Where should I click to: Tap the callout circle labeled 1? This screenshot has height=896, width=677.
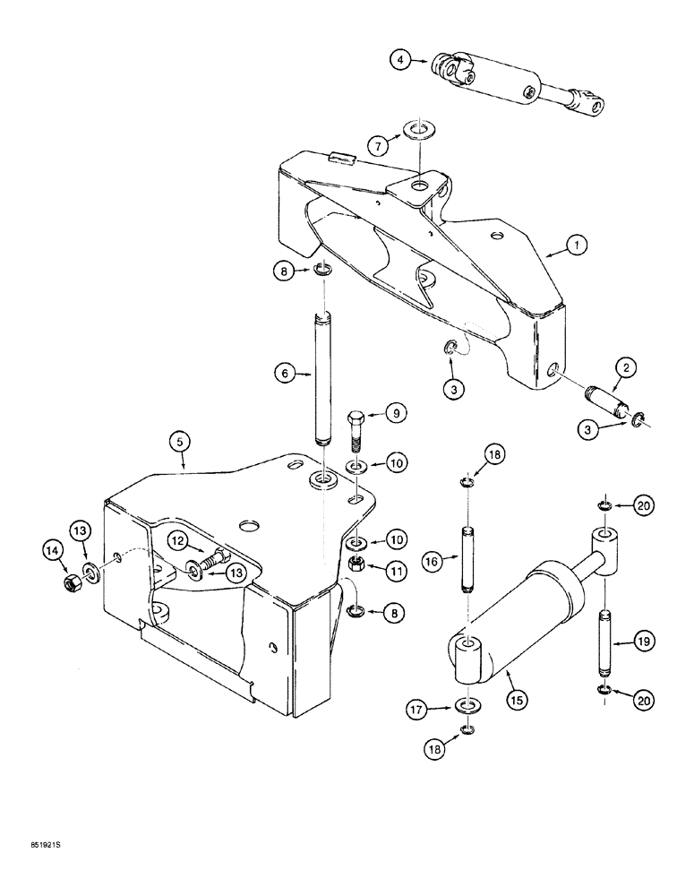point(578,244)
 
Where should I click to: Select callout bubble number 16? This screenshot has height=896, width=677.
point(432,562)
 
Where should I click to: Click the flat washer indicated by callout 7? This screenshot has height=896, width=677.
point(417,131)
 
